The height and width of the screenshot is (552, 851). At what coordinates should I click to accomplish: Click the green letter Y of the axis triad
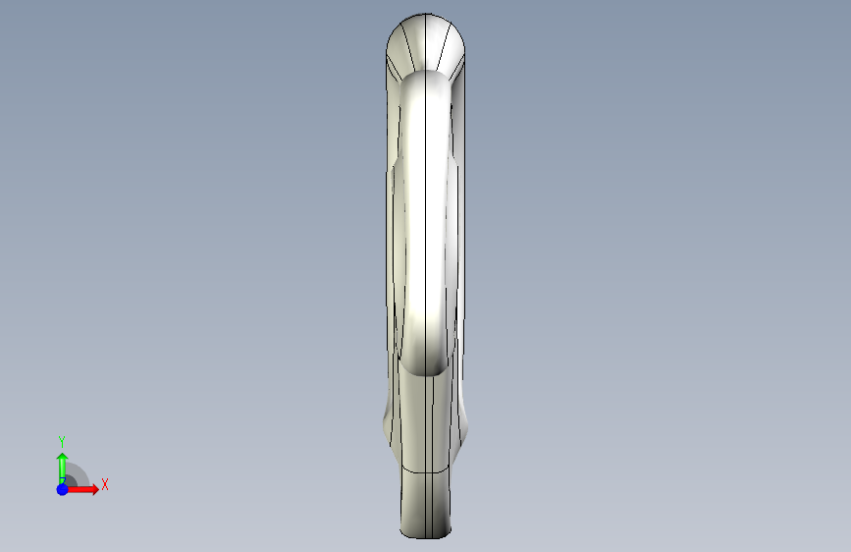(x=62, y=441)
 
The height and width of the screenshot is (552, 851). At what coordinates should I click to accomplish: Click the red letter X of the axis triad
(x=105, y=484)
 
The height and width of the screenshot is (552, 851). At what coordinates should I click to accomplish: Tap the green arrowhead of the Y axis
(x=63, y=458)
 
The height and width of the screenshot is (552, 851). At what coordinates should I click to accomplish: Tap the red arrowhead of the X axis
(x=94, y=489)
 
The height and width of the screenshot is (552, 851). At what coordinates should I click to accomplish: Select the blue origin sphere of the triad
(x=63, y=489)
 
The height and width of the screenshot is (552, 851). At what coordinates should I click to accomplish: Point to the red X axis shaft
(x=80, y=489)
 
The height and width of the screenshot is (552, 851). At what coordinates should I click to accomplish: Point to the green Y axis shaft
(x=63, y=472)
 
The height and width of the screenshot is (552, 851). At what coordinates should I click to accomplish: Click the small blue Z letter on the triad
(x=63, y=481)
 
